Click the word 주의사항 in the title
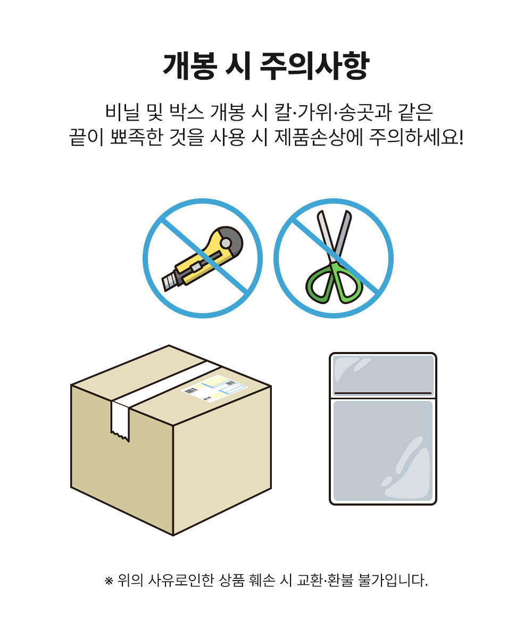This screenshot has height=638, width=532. click(x=314, y=66)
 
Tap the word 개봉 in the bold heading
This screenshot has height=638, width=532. click(x=190, y=66)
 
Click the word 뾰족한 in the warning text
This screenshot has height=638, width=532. click(x=136, y=137)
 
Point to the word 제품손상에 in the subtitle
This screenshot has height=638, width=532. click(x=318, y=137)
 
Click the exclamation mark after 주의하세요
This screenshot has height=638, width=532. click(x=461, y=137)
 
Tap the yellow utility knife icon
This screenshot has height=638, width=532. click(x=202, y=258)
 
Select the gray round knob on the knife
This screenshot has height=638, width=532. click(x=226, y=243)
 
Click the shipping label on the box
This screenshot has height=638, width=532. click(x=214, y=388)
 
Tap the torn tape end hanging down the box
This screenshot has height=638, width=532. click(x=120, y=422)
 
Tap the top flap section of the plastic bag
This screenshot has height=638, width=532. click(x=383, y=375)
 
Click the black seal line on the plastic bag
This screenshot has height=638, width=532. click(x=383, y=393)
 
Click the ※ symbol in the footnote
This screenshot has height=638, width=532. click(x=109, y=581)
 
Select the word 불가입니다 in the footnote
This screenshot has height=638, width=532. click(x=393, y=580)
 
